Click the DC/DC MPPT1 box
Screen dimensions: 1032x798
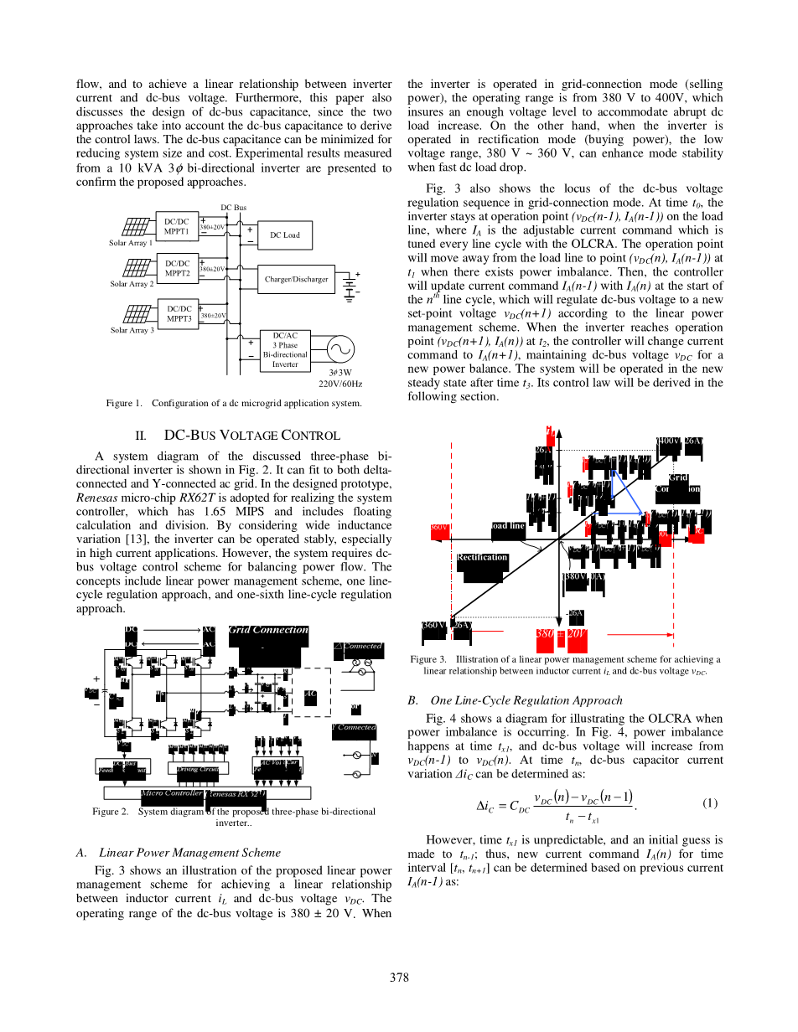(x=178, y=226)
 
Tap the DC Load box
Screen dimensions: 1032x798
(x=284, y=235)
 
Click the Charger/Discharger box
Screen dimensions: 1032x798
(x=296, y=279)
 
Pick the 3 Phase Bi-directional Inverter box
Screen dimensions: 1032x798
(x=285, y=349)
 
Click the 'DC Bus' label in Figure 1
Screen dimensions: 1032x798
(x=233, y=207)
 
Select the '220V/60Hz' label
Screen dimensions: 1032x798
(x=340, y=384)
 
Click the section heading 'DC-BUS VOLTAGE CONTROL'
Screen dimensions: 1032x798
(x=251, y=436)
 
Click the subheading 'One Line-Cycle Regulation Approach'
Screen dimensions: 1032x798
(x=526, y=700)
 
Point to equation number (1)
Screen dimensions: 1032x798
(x=710, y=803)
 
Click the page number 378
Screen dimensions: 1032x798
(x=399, y=978)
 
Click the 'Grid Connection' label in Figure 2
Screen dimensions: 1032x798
(x=268, y=630)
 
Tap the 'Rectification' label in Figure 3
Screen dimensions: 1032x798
(x=482, y=557)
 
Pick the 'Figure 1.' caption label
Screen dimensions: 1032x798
(x=124, y=404)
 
